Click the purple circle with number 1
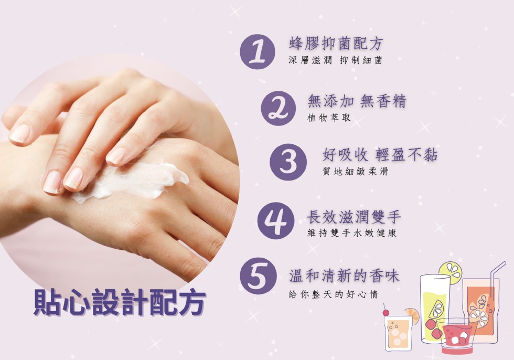point(258,52)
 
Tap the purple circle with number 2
point(279,109)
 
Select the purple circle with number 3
point(288,162)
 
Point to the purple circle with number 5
point(258,276)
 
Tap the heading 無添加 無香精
point(357,101)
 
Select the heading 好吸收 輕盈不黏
point(380,154)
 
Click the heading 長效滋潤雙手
point(354,217)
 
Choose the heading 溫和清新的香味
point(344,276)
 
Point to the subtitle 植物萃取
point(329,118)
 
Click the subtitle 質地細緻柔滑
point(355,171)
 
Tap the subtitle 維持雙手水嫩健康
point(352,233)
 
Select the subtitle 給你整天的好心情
point(334,294)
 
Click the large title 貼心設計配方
point(120,302)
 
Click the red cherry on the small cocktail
point(386,312)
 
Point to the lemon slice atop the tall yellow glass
point(451,273)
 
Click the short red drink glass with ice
point(456,336)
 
